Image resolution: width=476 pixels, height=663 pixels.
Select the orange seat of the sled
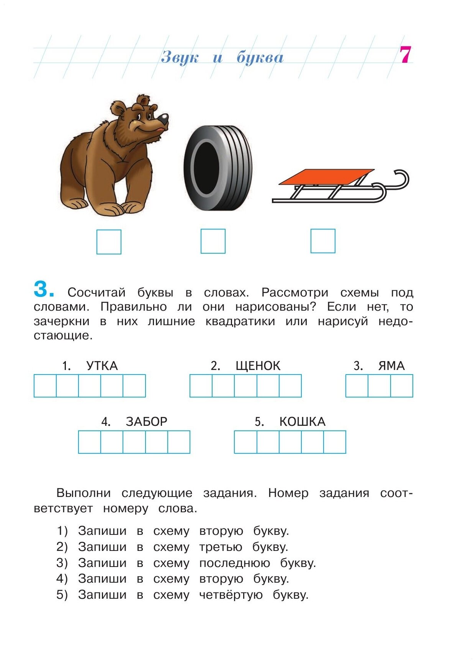click(x=326, y=176)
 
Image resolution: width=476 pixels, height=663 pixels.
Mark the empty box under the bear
click(x=109, y=242)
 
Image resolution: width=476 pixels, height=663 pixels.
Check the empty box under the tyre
click(x=213, y=241)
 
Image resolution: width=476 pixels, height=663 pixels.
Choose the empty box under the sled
click(x=323, y=241)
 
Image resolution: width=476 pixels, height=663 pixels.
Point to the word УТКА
click(x=102, y=366)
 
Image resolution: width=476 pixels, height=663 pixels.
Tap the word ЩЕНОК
click(x=258, y=366)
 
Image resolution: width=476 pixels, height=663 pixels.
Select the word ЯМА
click(x=391, y=366)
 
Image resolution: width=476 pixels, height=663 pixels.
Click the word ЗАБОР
click(x=147, y=422)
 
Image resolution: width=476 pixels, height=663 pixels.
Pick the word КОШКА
click(x=302, y=422)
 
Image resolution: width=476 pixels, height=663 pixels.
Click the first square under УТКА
click(x=45, y=386)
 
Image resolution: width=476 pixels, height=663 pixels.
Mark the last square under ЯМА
click(x=402, y=386)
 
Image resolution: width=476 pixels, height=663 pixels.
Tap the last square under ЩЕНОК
click(x=290, y=386)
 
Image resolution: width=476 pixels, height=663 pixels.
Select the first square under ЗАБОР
click(x=90, y=442)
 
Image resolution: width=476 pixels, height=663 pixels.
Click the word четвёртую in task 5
click(x=231, y=595)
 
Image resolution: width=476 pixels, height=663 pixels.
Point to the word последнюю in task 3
click(x=234, y=563)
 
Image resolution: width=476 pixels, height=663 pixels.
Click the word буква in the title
click(x=260, y=57)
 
